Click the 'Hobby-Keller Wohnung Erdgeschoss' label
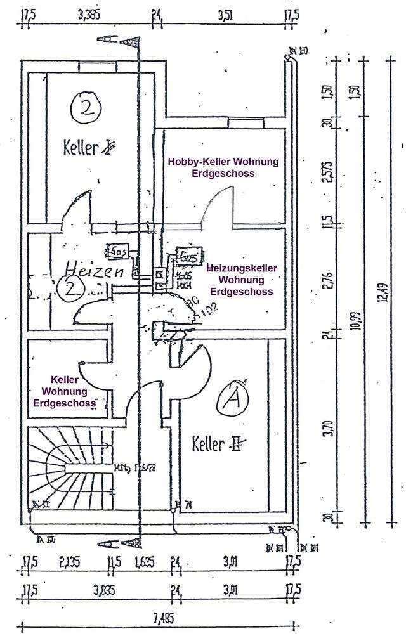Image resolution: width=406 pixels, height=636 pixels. click(223, 167)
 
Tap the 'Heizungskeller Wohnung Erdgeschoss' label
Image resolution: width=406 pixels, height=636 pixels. click(241, 280)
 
